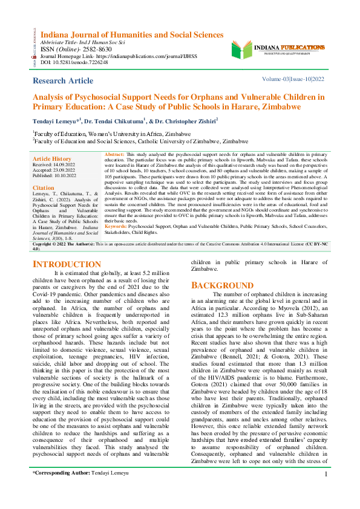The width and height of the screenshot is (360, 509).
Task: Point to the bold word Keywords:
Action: (116, 243)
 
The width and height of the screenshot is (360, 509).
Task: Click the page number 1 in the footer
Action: (326, 491)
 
